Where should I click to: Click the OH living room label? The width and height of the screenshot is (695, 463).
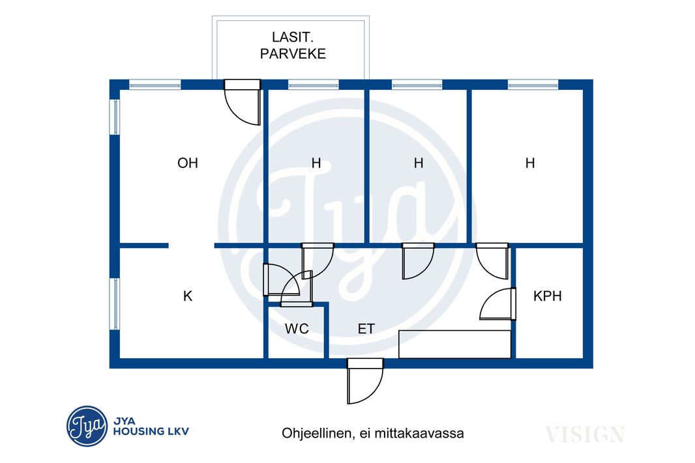[188, 163]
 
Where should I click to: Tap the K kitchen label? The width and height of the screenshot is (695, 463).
[188, 296]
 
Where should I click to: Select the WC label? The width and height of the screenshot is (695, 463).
[297, 329]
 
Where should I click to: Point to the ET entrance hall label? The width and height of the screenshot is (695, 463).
[366, 329]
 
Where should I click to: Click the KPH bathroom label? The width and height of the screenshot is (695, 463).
[548, 296]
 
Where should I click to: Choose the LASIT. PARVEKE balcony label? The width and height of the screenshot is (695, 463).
[293, 45]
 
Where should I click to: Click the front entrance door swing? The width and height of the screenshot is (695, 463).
[364, 381]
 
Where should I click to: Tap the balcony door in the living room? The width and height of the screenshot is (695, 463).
[242, 102]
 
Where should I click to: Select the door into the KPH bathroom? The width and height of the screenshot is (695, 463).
[498, 303]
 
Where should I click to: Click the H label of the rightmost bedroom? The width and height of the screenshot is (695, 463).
[530, 163]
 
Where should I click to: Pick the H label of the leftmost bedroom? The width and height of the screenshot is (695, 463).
[316, 163]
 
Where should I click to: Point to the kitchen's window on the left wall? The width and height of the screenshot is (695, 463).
[115, 304]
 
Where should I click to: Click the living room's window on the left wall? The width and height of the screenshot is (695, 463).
[115, 117]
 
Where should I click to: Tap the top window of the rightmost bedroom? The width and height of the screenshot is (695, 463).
[533, 84]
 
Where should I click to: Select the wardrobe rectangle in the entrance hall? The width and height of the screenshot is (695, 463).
[455, 344]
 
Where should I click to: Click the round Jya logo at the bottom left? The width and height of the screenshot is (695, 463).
[87, 427]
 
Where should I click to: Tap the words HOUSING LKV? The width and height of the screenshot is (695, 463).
[151, 432]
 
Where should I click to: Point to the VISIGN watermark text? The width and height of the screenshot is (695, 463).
[585, 434]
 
